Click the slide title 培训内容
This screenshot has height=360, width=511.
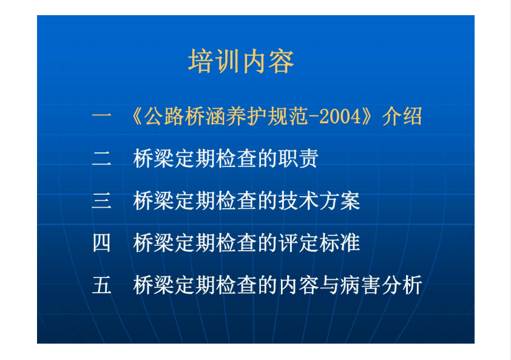(241, 61)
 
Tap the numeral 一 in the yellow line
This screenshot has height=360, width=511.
(102, 115)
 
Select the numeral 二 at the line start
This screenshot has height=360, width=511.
(102, 158)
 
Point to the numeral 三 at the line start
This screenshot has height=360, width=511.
(102, 200)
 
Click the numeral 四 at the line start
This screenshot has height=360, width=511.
(102, 243)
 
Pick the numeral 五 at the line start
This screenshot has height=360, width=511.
(102, 285)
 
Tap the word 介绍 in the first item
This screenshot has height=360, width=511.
(402, 116)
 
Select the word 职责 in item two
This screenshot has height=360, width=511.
(299, 158)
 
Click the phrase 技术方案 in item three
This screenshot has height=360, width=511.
(319, 200)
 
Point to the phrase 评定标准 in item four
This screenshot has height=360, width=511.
(319, 243)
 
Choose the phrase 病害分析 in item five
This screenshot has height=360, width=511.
(381, 285)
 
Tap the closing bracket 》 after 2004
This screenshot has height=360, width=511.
(368, 116)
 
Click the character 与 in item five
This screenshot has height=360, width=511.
(330, 285)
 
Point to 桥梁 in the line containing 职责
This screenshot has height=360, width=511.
(153, 158)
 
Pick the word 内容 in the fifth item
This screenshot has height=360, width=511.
(299, 285)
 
